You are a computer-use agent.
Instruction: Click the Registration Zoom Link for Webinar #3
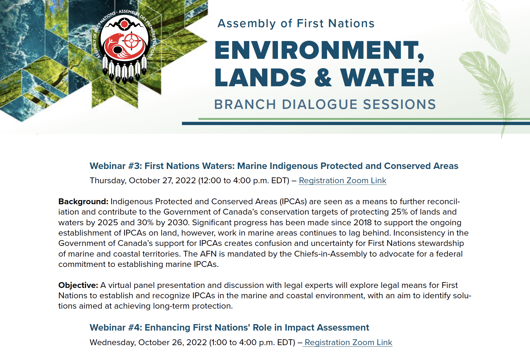[342, 180]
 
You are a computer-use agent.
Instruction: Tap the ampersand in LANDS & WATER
[323, 78]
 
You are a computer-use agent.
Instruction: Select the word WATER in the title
[387, 78]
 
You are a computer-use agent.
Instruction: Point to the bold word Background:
[83, 202]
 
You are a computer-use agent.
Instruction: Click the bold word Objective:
[78, 285]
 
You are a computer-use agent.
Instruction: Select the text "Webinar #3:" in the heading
[116, 166]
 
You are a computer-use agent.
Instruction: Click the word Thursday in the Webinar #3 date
[108, 180]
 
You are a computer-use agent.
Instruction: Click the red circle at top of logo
[124, 24]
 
